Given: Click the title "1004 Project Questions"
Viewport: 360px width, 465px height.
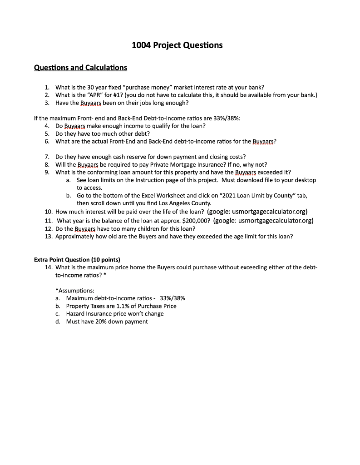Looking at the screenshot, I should point(177,45).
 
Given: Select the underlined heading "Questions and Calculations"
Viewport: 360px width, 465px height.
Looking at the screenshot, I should point(81,68).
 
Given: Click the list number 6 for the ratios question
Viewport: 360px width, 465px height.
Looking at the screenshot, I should point(47,141).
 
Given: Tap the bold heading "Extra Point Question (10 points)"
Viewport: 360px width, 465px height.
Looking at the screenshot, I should point(77,260).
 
